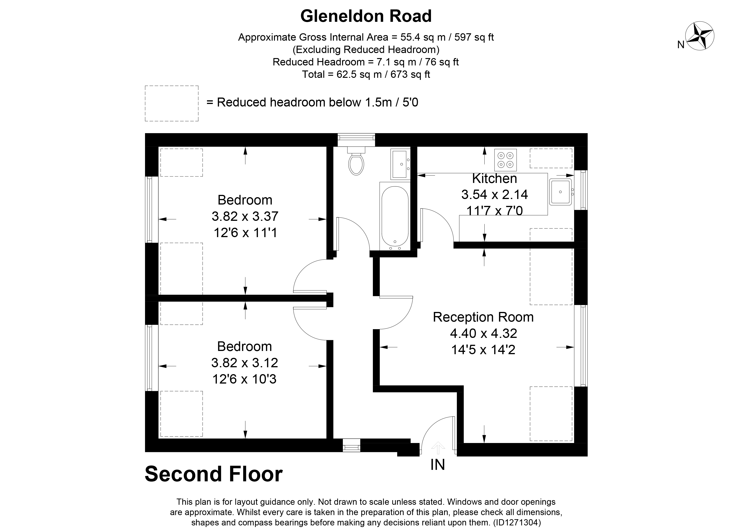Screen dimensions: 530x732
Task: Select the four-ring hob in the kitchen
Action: tap(506, 160)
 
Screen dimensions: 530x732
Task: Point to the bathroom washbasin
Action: tap(400, 164)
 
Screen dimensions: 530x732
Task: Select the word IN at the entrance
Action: tap(438, 465)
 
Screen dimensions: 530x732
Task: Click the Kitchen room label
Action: tap(495, 179)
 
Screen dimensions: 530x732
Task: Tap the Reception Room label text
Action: tap(483, 317)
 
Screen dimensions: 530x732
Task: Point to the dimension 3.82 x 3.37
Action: tap(245, 216)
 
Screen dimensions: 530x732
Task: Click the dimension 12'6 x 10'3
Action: tap(244, 379)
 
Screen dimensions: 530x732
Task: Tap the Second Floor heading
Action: tap(214, 474)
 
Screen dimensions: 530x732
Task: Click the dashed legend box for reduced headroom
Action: tap(171, 103)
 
